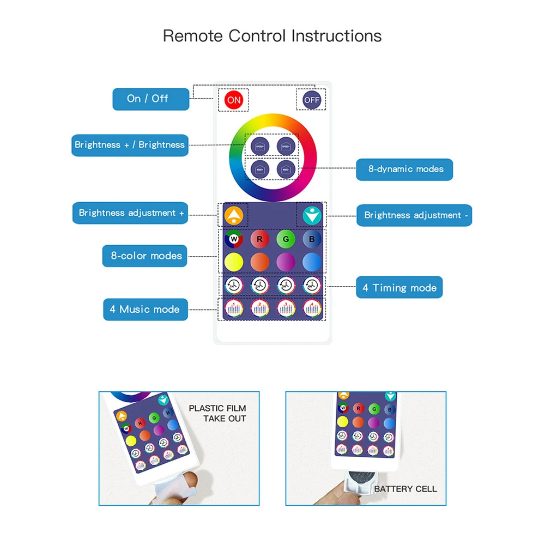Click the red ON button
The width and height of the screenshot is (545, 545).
[x=234, y=100]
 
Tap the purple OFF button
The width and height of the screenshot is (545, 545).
[x=312, y=100]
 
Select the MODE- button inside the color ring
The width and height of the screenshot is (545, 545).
[x=286, y=169]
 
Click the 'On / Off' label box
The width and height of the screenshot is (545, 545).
[x=148, y=99]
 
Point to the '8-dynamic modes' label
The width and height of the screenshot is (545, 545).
[x=405, y=169]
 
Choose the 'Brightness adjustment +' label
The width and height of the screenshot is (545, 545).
[x=131, y=213]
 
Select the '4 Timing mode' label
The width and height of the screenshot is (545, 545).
[x=399, y=288]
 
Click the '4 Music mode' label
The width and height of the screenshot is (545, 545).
[x=145, y=309]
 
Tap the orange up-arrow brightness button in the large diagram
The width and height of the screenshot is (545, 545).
[x=233, y=215]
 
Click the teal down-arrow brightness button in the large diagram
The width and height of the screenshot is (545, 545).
[x=312, y=215]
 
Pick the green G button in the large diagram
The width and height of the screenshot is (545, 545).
[x=286, y=238]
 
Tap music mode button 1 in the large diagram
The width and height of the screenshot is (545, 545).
[x=234, y=308]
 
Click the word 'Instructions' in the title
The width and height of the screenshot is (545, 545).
[x=336, y=36]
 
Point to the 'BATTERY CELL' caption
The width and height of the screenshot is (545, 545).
[x=405, y=489]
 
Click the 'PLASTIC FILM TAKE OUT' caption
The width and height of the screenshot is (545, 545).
[x=217, y=413]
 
